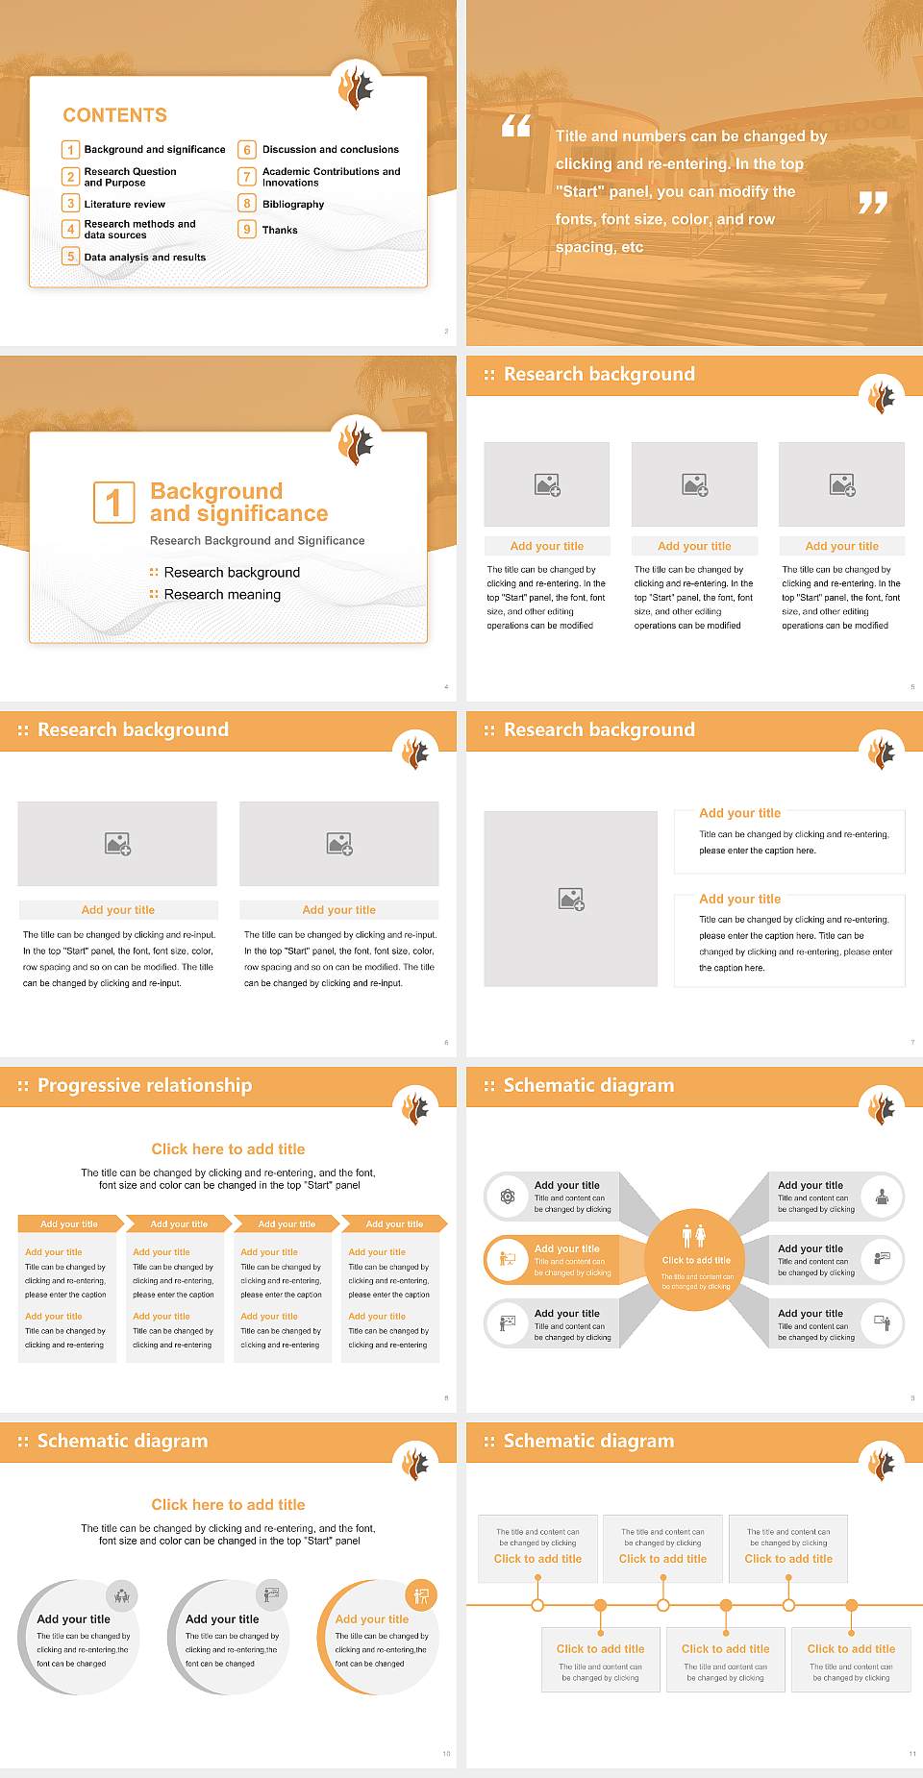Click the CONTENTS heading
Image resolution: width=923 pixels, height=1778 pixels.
[114, 115]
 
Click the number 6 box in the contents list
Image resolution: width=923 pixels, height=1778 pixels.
[247, 150]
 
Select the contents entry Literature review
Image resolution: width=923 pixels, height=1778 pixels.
[124, 204]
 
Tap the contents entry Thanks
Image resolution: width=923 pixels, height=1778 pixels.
[280, 230]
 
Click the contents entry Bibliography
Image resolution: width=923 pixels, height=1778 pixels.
[293, 204]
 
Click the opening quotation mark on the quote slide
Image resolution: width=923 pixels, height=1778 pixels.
[516, 126]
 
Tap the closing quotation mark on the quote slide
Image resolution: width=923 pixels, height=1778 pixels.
[873, 202]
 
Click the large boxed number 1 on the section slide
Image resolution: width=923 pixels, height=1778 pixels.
[114, 502]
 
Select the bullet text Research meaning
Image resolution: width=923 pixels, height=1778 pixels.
[222, 595]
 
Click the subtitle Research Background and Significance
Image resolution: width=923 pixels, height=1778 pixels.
[257, 541]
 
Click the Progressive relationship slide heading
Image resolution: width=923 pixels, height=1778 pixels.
[144, 1085]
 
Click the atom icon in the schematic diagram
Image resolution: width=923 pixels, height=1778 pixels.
[508, 1197]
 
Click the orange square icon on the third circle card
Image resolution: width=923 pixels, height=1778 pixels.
[420, 1595]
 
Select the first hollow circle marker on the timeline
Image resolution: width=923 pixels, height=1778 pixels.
[537, 1605]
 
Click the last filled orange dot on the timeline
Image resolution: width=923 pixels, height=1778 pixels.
[851, 1605]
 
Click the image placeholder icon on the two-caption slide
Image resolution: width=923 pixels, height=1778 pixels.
[571, 900]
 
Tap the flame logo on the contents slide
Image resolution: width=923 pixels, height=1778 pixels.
[356, 86]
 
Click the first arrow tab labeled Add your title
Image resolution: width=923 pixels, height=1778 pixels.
[69, 1223]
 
